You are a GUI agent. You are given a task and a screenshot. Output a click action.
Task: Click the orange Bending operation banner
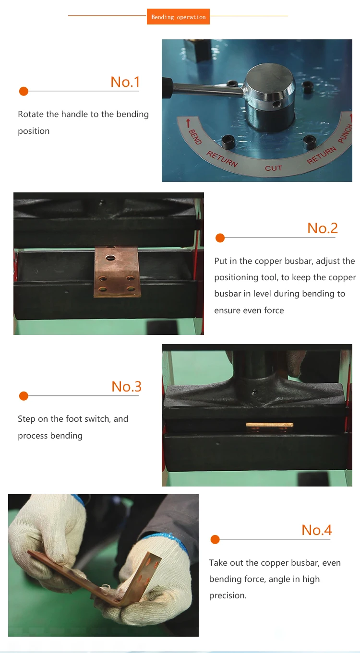[178, 17]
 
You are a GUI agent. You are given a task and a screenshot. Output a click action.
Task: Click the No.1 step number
[125, 82]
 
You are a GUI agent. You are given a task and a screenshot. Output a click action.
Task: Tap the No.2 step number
[323, 228]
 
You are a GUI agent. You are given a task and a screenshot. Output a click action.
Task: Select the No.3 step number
[126, 387]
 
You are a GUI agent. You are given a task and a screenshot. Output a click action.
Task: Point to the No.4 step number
[317, 530]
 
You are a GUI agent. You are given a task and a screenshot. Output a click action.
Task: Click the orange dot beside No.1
[24, 91]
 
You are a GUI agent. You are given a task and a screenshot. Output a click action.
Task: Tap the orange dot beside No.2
[220, 238]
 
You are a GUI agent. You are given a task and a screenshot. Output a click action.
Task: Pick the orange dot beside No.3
[24, 396]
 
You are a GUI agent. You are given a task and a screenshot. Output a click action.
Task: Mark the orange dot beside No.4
[215, 539]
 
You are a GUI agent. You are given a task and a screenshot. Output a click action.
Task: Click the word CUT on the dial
[274, 168]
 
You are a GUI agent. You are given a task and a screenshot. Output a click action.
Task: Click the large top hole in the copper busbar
[111, 258]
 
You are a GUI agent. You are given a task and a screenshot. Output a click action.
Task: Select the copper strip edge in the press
[269, 425]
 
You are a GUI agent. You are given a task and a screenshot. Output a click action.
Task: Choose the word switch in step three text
[97, 419]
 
